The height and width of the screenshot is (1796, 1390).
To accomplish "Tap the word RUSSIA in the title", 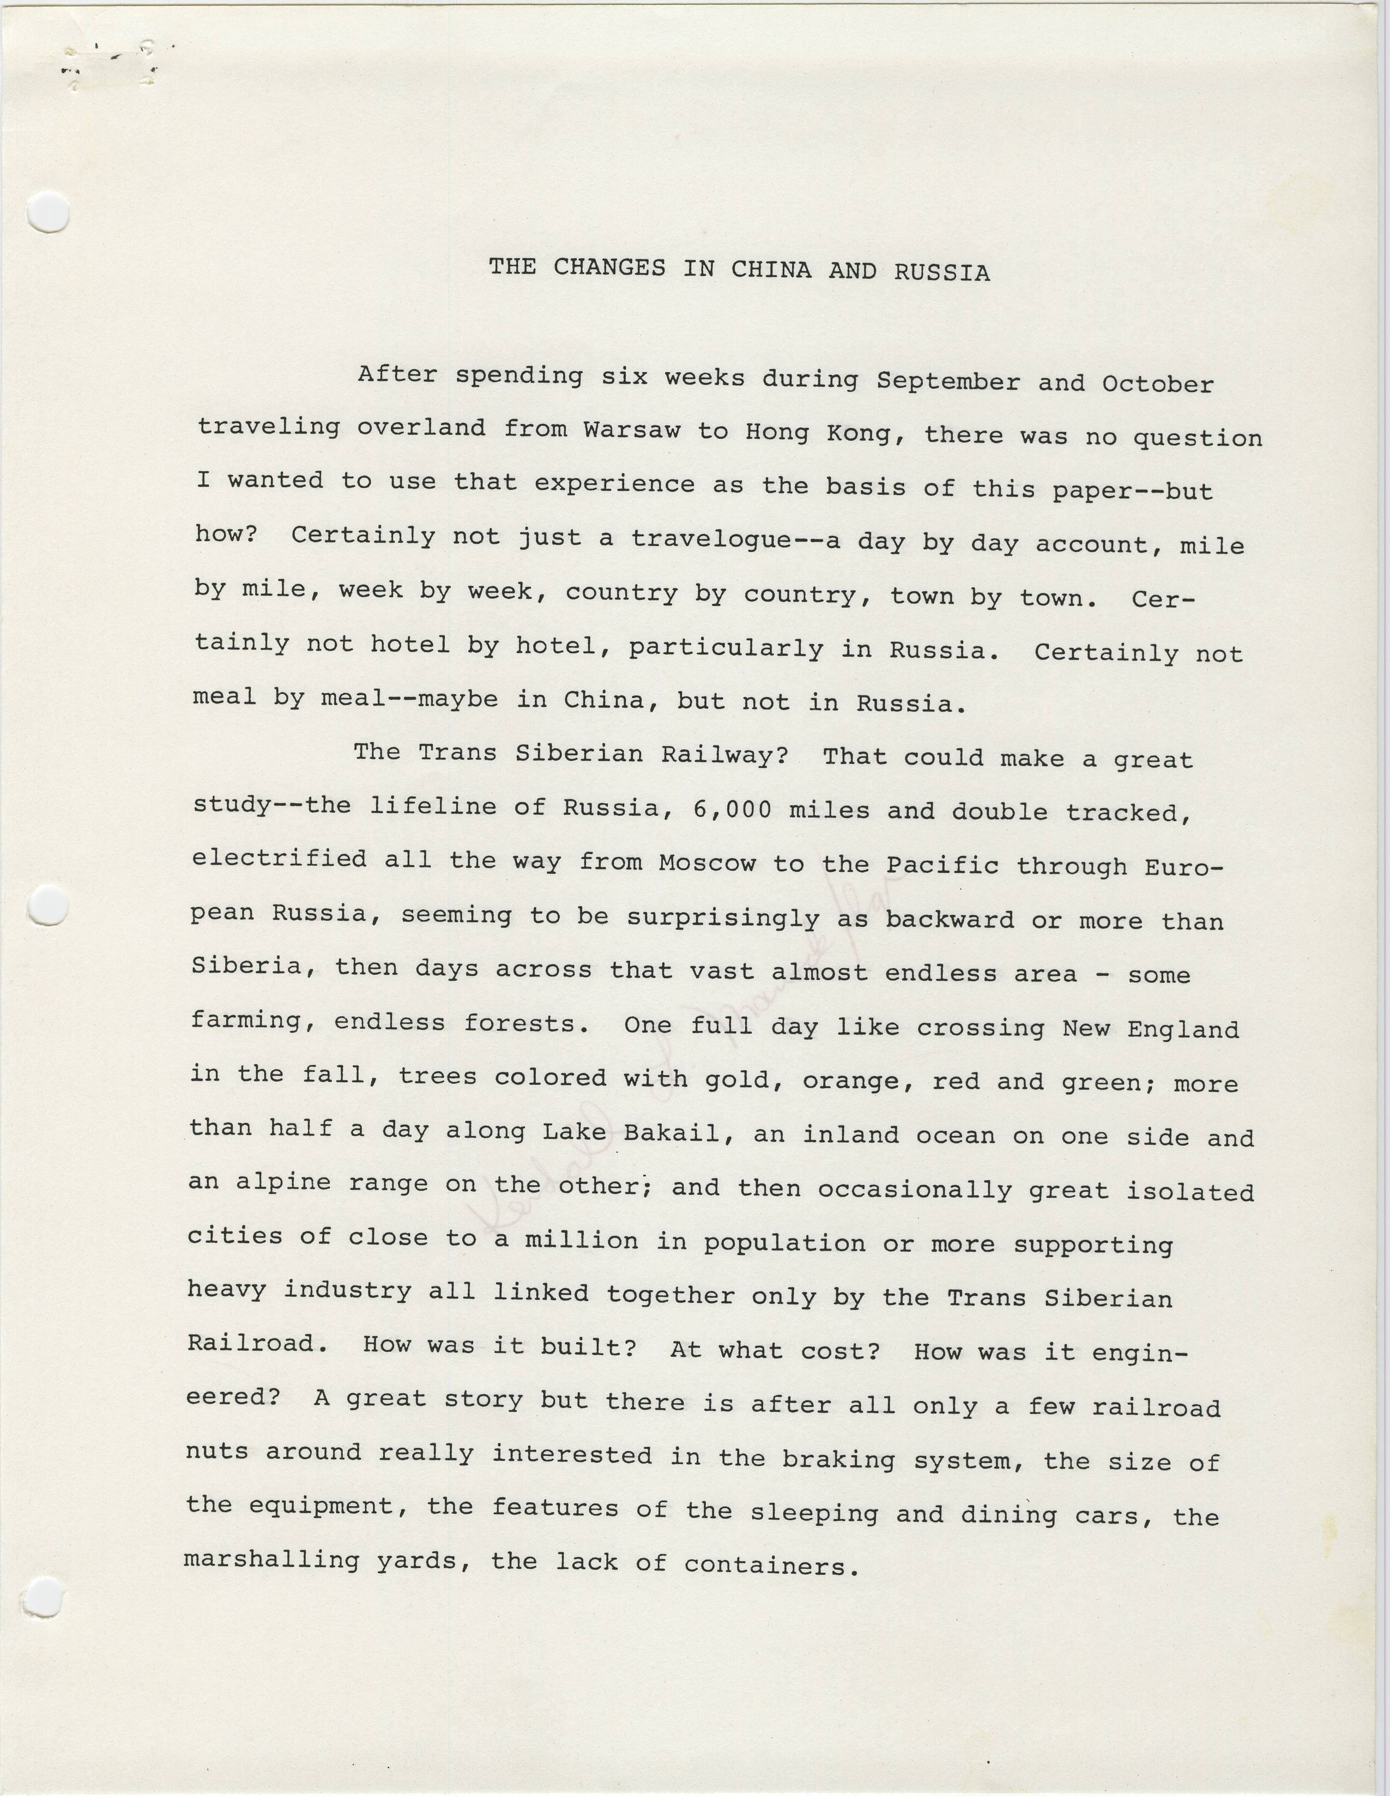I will pyautogui.click(x=942, y=272).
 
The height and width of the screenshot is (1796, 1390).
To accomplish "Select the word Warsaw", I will pyautogui.click(x=632, y=430).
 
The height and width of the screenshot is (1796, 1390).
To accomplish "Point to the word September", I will pyautogui.click(x=947, y=381).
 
